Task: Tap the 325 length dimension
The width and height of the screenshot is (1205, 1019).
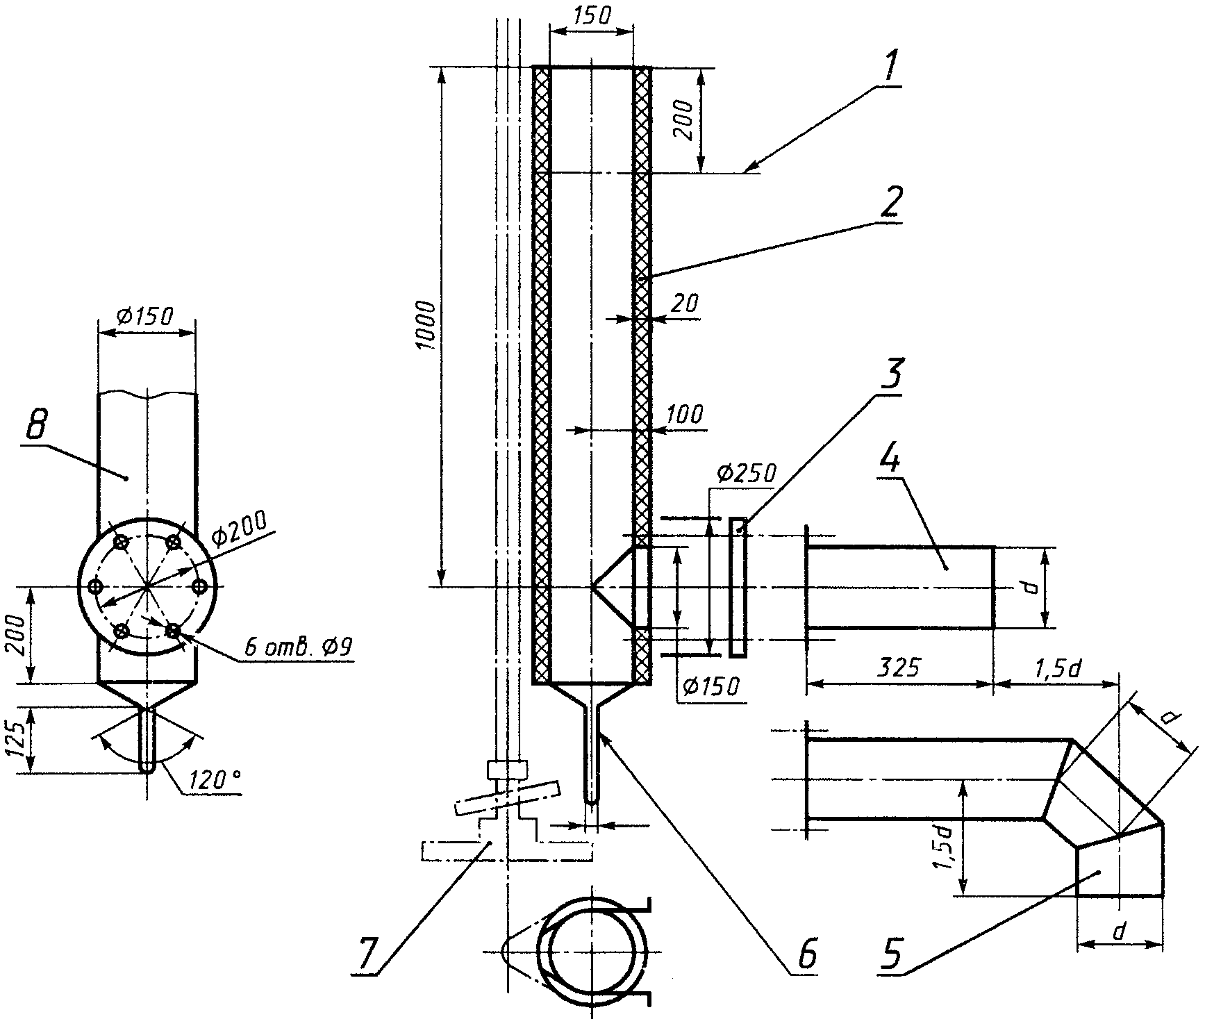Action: click(897, 668)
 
